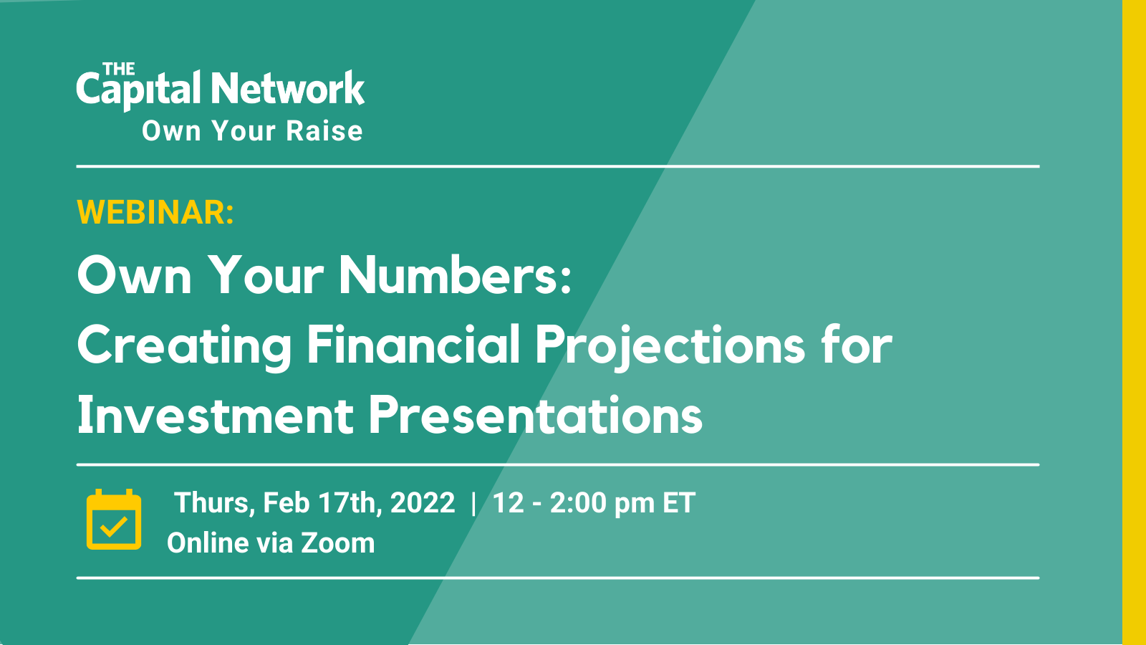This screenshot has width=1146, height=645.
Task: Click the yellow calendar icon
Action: pyautogui.click(x=114, y=519)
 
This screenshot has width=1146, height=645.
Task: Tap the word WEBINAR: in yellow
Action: pyautogui.click(x=155, y=211)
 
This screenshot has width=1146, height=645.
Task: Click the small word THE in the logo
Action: pyautogui.click(x=119, y=69)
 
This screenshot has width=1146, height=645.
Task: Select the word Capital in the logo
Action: pyautogui.click(x=138, y=90)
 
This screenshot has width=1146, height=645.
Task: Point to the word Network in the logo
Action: pyautogui.click(x=288, y=88)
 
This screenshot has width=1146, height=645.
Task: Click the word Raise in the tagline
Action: pyautogui.click(x=324, y=130)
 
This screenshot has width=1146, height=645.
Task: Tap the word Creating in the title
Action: pyautogui.click(x=184, y=347)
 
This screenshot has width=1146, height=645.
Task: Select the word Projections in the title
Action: pyautogui.click(x=670, y=347)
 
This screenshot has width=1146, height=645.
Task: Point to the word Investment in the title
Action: pyautogui.click(x=216, y=415)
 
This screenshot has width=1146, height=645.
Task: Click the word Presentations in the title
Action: pyautogui.click(x=536, y=415)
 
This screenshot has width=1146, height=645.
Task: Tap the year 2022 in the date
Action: pyautogui.click(x=423, y=502)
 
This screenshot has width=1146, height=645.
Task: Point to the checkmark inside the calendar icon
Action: pyautogui.click(x=114, y=527)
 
